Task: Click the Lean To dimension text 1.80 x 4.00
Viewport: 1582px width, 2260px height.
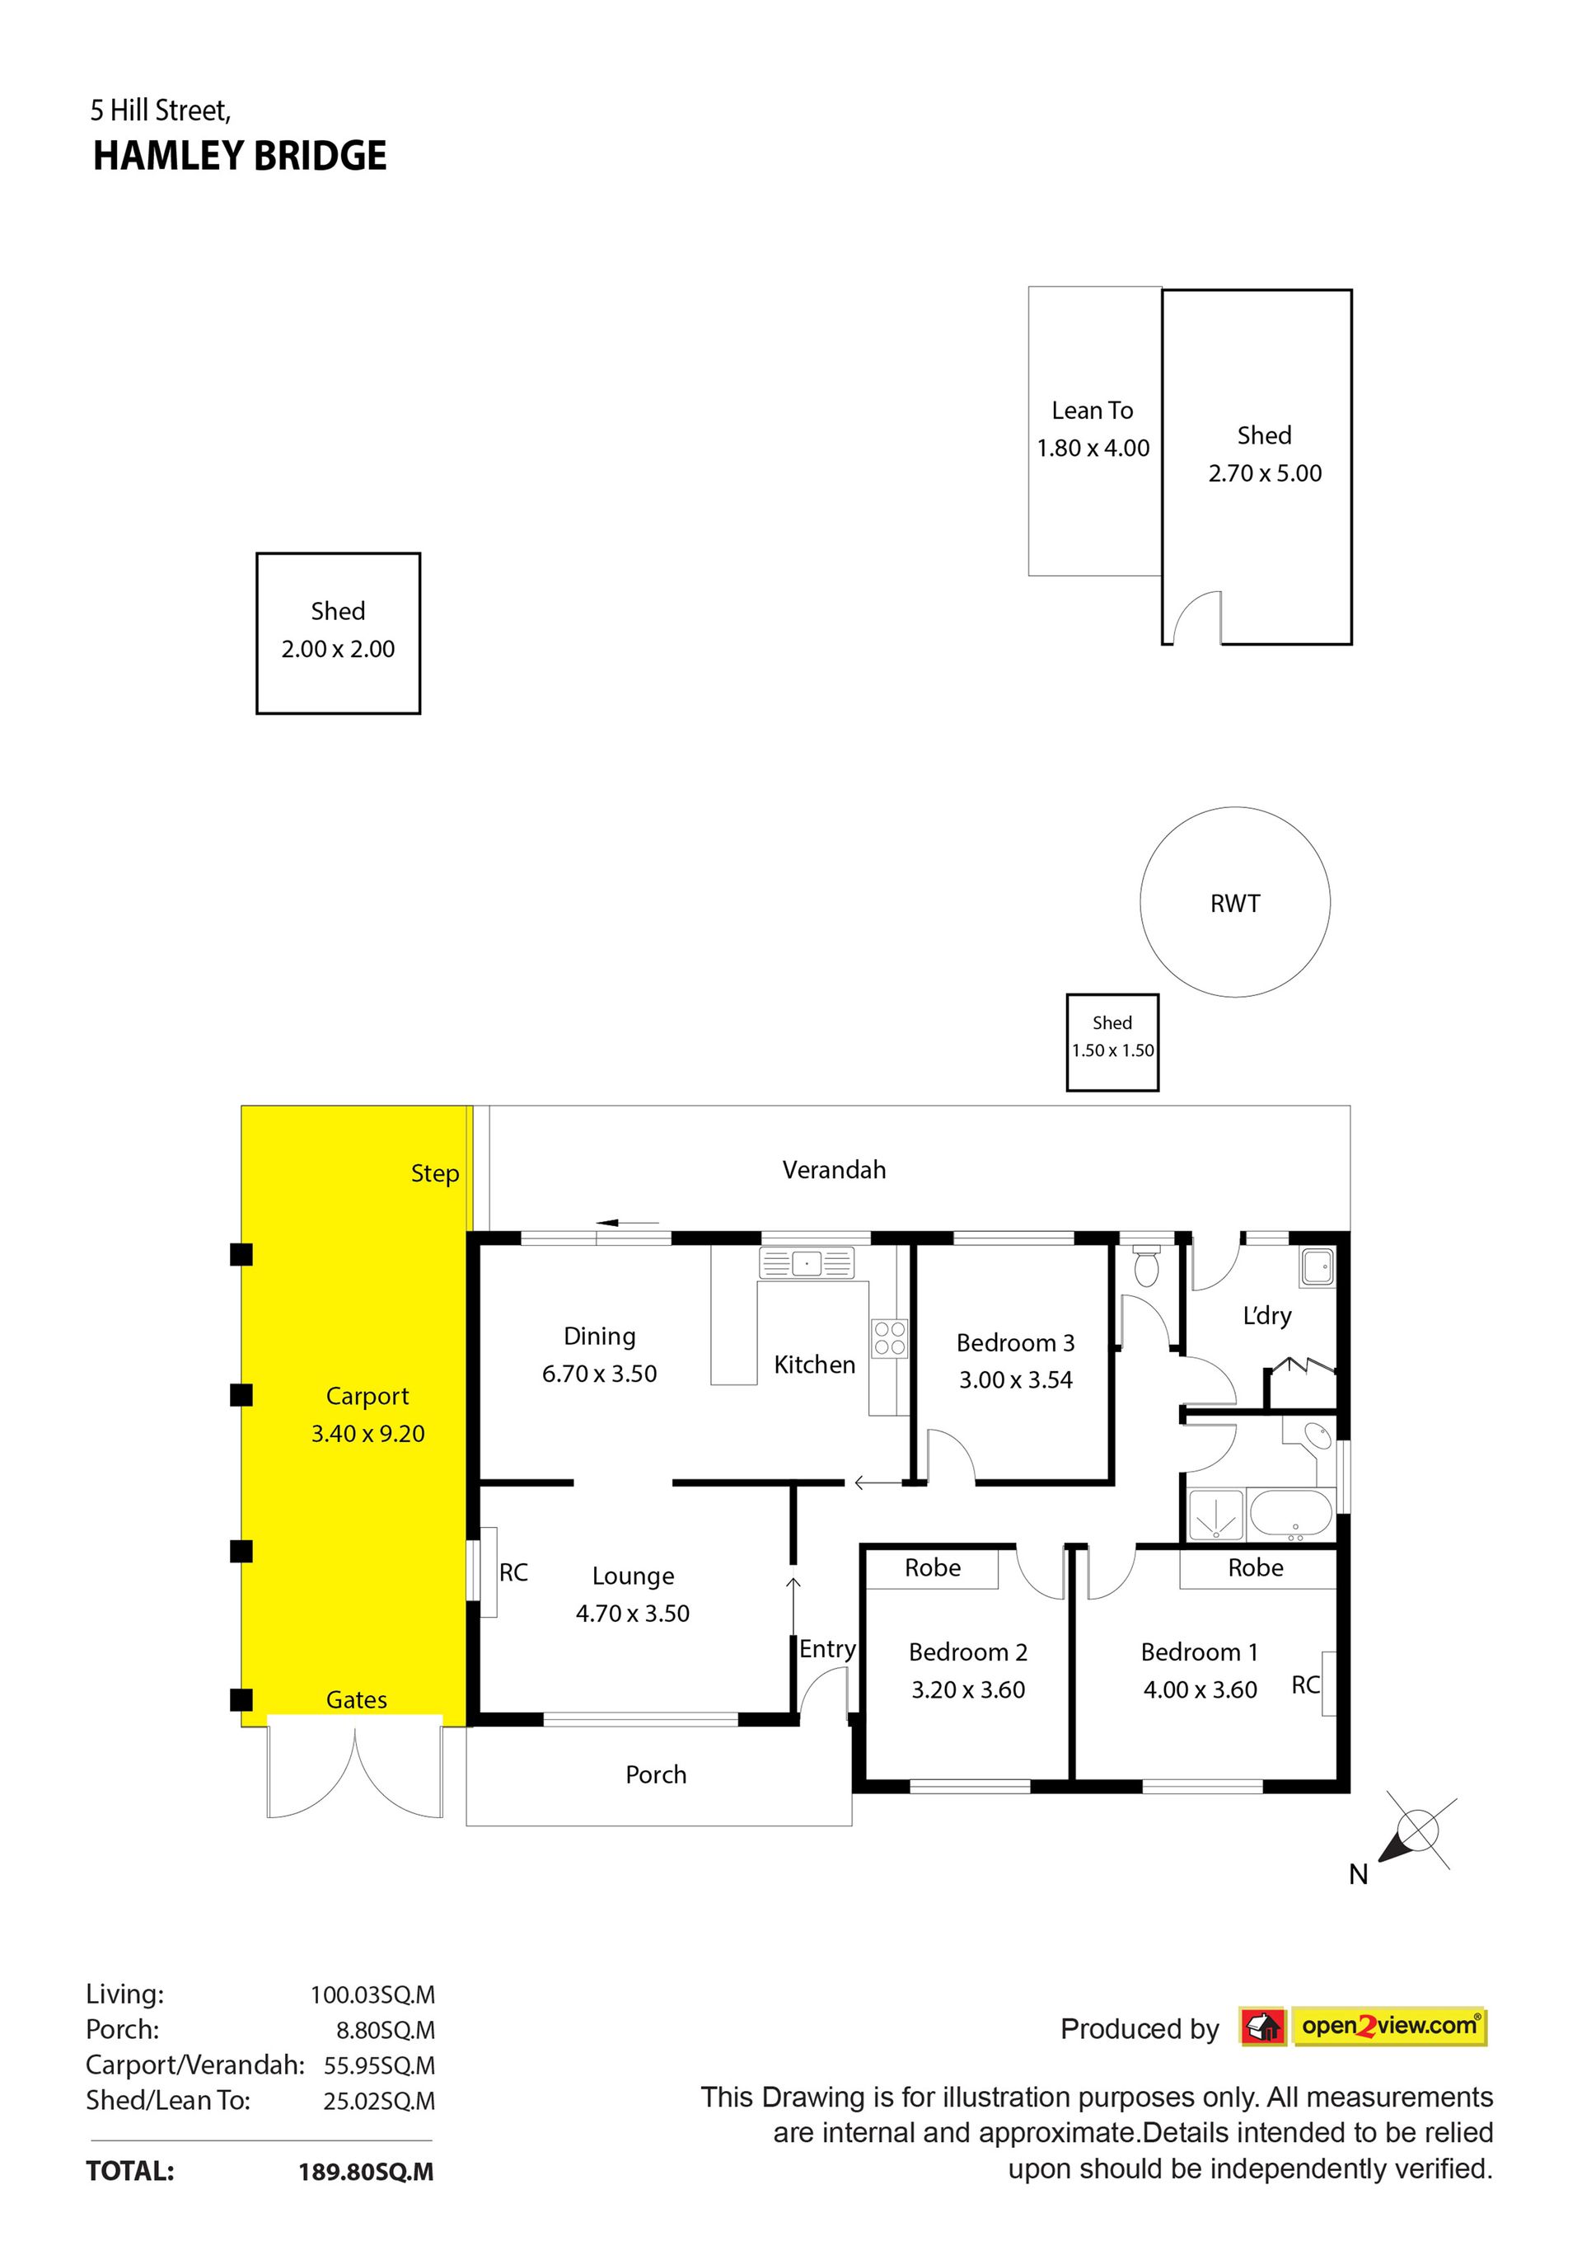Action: coord(1093,448)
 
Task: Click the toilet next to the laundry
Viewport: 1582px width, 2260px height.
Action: coord(1147,1266)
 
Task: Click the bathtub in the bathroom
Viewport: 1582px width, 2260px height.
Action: coord(1291,1515)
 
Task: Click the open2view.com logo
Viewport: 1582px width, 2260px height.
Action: coord(1363,2027)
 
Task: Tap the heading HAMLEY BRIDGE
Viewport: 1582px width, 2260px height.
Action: coord(240,157)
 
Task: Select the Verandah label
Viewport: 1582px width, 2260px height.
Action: coord(835,1169)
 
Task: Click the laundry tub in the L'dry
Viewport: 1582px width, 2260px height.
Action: coord(1318,1266)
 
